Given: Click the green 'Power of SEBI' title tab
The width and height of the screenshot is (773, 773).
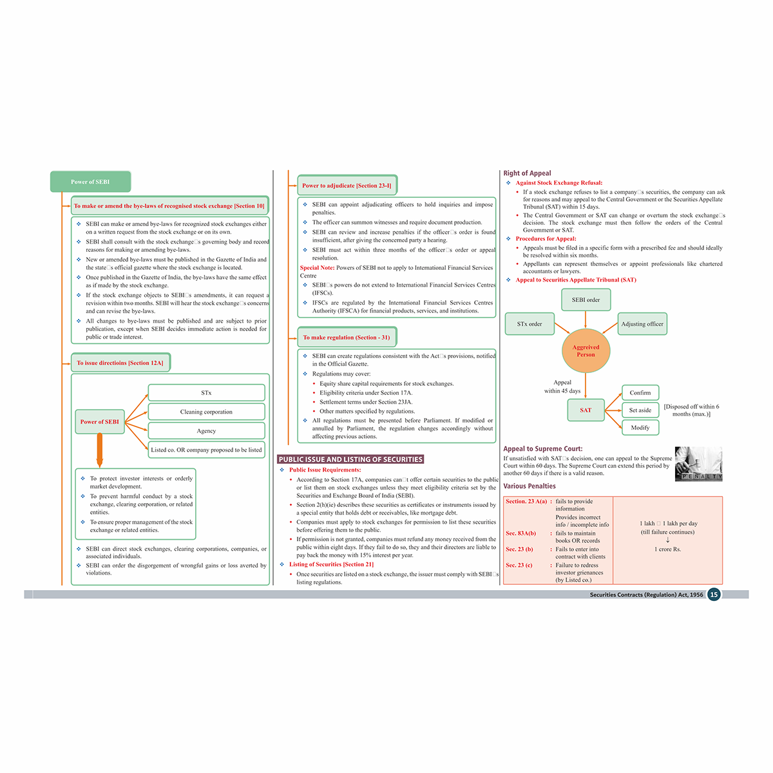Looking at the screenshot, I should [90, 182].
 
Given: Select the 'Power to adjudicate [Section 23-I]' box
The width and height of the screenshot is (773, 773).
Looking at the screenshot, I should [347, 186].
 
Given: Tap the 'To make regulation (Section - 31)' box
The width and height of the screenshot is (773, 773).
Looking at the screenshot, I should [347, 337].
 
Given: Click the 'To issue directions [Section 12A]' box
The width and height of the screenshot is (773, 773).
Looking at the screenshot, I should [120, 363].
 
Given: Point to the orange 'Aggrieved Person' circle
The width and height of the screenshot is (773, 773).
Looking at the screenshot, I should [586, 351].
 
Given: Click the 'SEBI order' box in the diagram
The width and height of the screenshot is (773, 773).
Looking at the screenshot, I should [586, 300].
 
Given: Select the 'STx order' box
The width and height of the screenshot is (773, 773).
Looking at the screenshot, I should [530, 324].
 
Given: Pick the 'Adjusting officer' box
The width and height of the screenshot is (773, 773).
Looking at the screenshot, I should [642, 324].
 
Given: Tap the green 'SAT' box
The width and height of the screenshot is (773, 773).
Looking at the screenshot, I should [586, 410].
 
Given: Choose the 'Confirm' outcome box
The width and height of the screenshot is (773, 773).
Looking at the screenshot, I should [640, 392].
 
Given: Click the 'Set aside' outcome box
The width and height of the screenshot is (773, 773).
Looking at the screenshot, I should [640, 410].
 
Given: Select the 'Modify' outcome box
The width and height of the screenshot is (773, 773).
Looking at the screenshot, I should [640, 427].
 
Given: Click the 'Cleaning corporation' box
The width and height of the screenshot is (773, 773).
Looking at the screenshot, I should [206, 412].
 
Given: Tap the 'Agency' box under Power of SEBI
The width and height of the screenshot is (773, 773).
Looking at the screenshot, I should [206, 431].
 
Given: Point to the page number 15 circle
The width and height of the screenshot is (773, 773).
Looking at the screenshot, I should [714, 595].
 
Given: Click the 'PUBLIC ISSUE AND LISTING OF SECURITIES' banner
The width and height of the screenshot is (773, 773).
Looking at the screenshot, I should [350, 459].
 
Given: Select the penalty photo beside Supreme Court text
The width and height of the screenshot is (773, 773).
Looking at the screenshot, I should [699, 464].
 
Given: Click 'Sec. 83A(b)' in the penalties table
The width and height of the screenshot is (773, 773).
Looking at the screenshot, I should [520, 533].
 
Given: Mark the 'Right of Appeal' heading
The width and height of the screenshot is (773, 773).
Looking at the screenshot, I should [527, 173].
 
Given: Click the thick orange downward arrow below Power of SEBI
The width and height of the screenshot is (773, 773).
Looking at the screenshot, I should [100, 450].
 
